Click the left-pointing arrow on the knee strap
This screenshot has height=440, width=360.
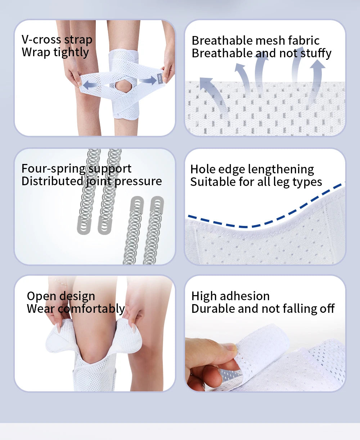pos(90,85)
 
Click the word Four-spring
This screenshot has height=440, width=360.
pos(53,169)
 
